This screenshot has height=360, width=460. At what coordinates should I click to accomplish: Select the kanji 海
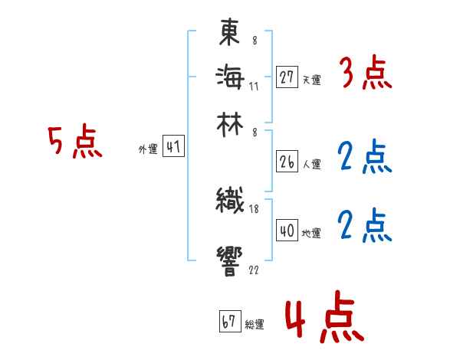point(230,77)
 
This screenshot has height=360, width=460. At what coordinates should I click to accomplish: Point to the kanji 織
point(230,201)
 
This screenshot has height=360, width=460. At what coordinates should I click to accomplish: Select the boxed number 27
point(287,77)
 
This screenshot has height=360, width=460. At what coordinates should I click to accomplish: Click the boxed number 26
point(287,162)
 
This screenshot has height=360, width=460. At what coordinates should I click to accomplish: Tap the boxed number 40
point(287,231)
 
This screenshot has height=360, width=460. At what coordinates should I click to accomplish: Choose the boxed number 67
point(229,322)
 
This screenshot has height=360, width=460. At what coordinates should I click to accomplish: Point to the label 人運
point(311,164)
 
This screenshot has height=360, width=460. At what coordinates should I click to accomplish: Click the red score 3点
point(366,75)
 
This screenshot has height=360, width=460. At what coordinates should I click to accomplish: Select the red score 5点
point(74,143)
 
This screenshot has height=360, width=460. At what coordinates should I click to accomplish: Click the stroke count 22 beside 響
point(253,270)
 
